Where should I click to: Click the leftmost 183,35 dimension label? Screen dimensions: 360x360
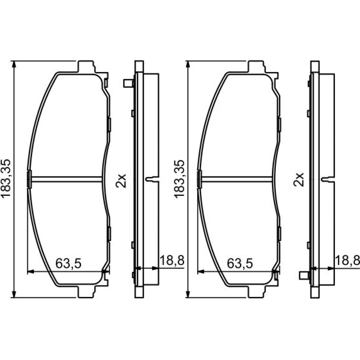point(6,178)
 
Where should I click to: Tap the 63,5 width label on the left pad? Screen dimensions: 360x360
point(68,264)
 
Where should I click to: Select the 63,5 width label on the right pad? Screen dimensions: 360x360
point(240,264)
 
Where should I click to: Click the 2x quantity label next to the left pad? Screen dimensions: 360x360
point(121,181)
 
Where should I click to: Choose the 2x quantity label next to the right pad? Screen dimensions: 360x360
point(298,179)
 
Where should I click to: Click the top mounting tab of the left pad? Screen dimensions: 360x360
point(86,67)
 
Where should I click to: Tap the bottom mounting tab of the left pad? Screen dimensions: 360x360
point(86,292)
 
